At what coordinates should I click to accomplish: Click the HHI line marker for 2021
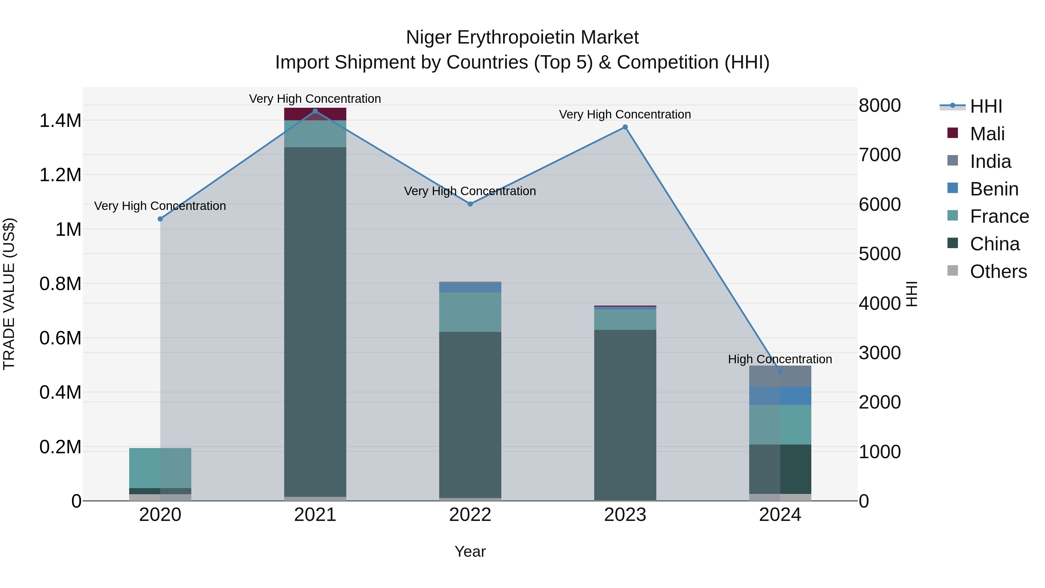coord(315,111)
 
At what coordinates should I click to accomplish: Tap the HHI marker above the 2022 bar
coord(470,204)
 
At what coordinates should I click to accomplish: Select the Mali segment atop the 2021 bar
coord(315,114)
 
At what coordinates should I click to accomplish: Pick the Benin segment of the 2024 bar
coord(780,396)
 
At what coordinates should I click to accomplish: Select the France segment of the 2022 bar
coord(470,312)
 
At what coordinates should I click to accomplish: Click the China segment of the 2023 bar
coord(625,414)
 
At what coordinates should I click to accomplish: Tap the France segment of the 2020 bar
coord(160,468)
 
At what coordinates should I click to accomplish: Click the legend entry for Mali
coord(987,134)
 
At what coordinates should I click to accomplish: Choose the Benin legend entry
coord(994,189)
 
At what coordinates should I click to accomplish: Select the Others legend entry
coord(998,271)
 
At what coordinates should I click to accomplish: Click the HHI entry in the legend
coord(986,106)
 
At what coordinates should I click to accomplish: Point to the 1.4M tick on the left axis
coord(60,121)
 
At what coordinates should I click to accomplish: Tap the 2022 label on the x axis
coord(470,515)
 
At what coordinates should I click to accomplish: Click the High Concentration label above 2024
coord(780,359)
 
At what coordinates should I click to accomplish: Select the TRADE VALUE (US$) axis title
coord(9,294)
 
